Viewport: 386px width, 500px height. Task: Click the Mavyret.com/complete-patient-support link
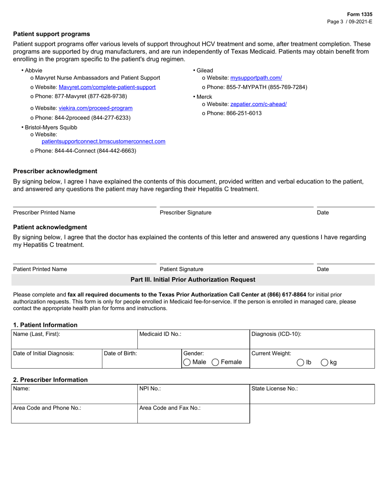pos(107,87)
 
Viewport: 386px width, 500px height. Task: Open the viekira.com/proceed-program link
pos(95,108)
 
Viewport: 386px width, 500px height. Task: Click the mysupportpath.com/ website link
pos(256,78)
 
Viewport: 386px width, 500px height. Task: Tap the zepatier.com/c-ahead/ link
pos(258,104)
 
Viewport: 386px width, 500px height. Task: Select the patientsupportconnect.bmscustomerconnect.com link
pos(103,141)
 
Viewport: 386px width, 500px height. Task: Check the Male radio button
pos(187,362)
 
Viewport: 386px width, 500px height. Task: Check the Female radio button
pos(216,362)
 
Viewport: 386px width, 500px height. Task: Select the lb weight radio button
pos(301,363)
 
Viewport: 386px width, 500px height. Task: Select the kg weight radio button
pos(325,363)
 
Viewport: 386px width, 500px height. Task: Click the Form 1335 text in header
pos(359,14)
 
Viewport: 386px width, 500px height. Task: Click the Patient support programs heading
pos(52,34)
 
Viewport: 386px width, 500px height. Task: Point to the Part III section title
pos(193,280)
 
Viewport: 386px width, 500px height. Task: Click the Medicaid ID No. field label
pos(160,334)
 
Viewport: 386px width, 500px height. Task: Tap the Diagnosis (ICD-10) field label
pos(276,334)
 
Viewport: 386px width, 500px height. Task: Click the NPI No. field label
pos(150,389)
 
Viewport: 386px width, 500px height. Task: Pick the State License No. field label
pos(275,389)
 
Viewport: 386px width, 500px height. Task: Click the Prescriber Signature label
pos(185,213)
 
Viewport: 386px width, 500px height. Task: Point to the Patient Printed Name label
pos(40,269)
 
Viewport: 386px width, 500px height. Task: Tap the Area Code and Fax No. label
pos(170,408)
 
